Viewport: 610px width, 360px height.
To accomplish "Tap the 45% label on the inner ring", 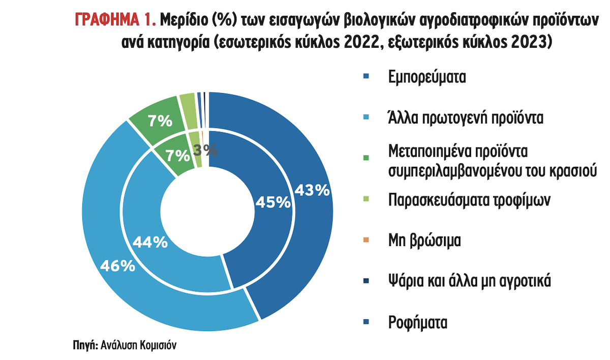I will point(272,202).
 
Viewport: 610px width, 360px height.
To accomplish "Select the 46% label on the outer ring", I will point(117,265).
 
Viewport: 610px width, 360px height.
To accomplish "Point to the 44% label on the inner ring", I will point(150,243).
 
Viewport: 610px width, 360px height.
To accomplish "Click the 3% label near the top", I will point(206,149).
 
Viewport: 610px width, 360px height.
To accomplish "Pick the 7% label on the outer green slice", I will point(159,121).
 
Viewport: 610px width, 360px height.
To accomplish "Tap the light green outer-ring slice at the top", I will point(187,104).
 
